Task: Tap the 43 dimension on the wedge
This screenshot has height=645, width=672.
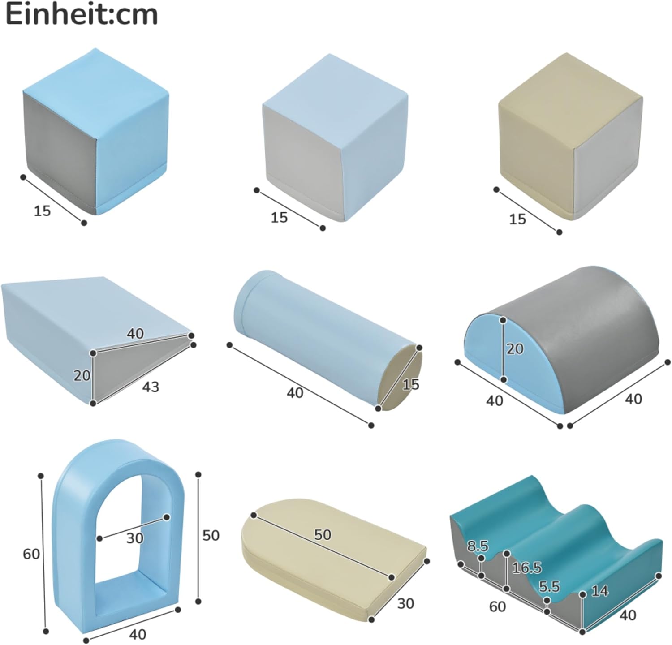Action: pos(151,386)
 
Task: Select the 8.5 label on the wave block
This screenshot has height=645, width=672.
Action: pos(478,546)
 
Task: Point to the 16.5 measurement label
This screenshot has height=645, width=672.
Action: pos(527,568)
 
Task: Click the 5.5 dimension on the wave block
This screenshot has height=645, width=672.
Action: pos(549,586)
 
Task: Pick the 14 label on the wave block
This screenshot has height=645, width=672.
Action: pos(600,591)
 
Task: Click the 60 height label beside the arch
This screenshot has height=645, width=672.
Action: pos(31,554)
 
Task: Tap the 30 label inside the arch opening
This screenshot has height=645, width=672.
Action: pos(134,538)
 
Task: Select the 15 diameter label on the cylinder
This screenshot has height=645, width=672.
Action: pos(410,384)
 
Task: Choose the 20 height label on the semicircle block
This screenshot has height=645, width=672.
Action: pos(515,348)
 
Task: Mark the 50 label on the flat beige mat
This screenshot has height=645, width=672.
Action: pos(323,534)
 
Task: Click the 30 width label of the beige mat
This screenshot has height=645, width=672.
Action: pos(405,603)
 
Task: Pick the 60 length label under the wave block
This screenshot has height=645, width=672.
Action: pos(497,606)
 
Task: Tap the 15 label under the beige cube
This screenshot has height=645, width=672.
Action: pos(517,219)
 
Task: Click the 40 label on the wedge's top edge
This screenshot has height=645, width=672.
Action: pos(135,333)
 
